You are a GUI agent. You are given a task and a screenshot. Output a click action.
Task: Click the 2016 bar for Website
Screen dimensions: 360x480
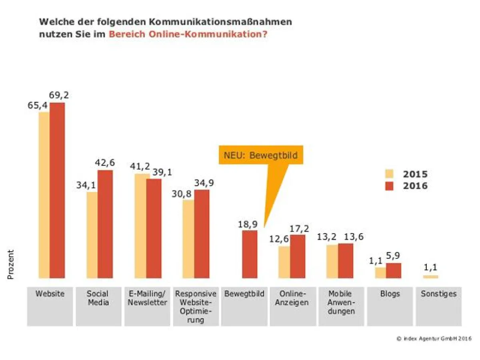tap(57, 190)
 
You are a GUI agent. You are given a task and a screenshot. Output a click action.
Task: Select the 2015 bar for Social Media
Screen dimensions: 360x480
tap(92, 235)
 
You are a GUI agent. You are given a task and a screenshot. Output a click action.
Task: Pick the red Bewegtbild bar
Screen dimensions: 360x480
tap(250, 254)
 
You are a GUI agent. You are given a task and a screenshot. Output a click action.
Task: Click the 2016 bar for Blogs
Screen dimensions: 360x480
tap(394, 270)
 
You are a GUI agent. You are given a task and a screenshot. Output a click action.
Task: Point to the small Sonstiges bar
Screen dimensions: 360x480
tap(431, 276)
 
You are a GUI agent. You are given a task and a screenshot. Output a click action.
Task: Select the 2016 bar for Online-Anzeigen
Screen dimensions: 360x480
tap(298, 256)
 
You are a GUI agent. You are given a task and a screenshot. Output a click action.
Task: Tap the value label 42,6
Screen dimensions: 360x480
tap(105, 163)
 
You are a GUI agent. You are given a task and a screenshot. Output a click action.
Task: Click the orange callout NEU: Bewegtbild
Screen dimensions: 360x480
tap(261, 155)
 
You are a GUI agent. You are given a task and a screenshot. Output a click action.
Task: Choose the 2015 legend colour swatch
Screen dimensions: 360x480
tap(389, 174)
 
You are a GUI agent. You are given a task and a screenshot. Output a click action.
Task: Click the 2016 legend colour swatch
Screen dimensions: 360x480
tap(389, 186)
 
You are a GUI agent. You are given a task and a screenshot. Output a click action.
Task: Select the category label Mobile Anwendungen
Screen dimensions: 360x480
tap(341, 302)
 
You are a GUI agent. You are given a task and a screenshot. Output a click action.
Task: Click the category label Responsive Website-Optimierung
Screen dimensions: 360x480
tap(196, 307)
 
